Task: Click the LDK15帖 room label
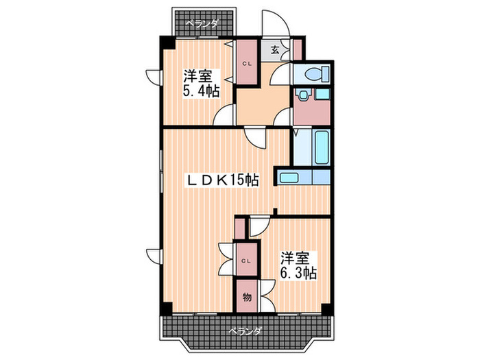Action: pyautogui.click(x=224, y=180)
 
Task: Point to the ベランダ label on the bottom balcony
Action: pyautogui.click(x=245, y=331)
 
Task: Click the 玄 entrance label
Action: pyautogui.click(x=274, y=49)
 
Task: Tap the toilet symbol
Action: pyautogui.click(x=313, y=74)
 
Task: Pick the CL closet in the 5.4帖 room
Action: pyautogui.click(x=245, y=64)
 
